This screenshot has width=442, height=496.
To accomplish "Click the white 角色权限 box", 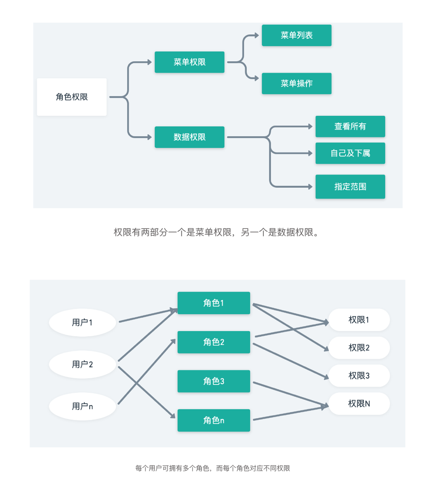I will (72, 97).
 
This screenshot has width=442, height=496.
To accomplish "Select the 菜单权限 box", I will (189, 62).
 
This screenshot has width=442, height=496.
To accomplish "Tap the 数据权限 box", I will (189, 137).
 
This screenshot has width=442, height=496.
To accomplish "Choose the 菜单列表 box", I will (297, 35).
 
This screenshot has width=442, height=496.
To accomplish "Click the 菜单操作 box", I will (297, 83).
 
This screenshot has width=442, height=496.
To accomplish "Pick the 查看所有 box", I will (350, 126).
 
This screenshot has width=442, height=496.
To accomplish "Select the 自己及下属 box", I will (350, 153).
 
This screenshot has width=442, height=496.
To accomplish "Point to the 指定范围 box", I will (350, 187).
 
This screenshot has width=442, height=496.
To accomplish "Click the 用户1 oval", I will (82, 322).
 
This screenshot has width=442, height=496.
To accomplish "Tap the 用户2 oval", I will (82, 364).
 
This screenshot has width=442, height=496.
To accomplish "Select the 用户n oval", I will (82, 406).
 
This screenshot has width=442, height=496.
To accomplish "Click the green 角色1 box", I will (213, 303).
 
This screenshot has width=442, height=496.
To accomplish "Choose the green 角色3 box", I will (213, 381).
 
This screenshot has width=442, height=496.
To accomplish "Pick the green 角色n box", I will (213, 421).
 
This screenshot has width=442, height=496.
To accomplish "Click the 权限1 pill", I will (359, 320).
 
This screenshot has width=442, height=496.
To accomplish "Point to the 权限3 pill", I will (359, 376).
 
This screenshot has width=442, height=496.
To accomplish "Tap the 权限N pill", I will (359, 404).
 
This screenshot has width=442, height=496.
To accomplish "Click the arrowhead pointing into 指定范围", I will (310, 187).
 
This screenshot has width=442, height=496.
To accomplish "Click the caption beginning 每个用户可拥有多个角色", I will (213, 468).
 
